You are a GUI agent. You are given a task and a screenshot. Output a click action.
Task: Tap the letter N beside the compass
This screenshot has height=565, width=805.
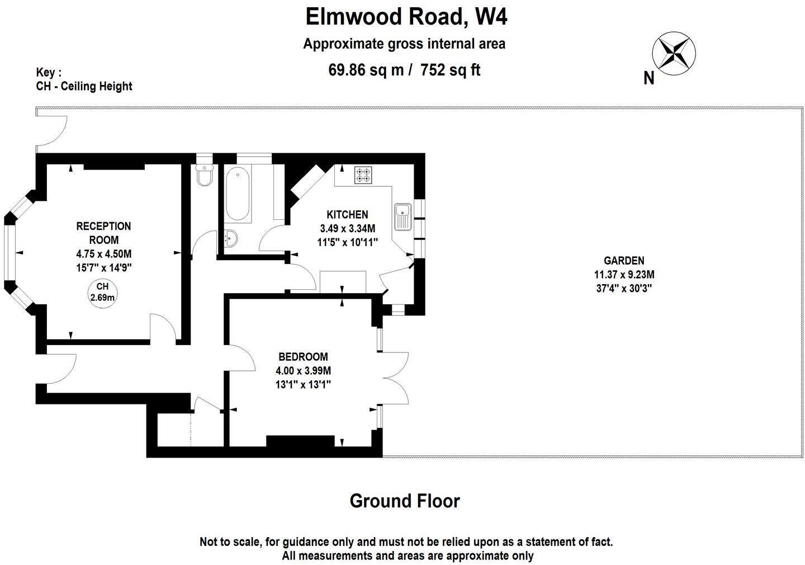tap(648, 78)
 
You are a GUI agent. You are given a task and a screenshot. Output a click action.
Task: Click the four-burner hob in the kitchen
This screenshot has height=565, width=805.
tap(363, 175)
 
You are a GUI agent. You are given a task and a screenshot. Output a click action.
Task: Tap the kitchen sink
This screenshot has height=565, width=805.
tap(402, 216)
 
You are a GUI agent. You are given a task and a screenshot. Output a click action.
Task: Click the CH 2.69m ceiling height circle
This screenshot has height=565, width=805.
tap(102, 292)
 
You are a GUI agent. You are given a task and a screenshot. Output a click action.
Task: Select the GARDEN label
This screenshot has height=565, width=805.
tap(624, 261)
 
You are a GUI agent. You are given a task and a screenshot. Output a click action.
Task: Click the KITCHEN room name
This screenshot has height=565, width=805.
tap(347, 215)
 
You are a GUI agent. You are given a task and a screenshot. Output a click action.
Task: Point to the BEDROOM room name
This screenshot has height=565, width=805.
tap(303, 357)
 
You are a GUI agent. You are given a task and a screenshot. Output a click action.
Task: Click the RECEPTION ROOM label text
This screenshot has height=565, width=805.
tap(103, 233)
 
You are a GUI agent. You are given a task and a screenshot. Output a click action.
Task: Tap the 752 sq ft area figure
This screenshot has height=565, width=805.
tap(450, 70)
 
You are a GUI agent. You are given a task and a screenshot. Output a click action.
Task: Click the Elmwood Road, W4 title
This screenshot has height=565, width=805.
tap(406, 17)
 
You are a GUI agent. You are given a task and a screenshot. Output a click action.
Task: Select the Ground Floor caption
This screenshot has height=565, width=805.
tap(404, 501)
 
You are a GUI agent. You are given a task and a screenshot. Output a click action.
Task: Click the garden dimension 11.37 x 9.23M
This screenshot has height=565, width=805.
tap(624, 275)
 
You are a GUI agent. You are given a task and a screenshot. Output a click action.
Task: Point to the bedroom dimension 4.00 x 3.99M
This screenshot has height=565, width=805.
tap(303, 370)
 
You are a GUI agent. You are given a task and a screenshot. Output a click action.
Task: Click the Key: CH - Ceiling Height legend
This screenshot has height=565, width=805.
tap(84, 79)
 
